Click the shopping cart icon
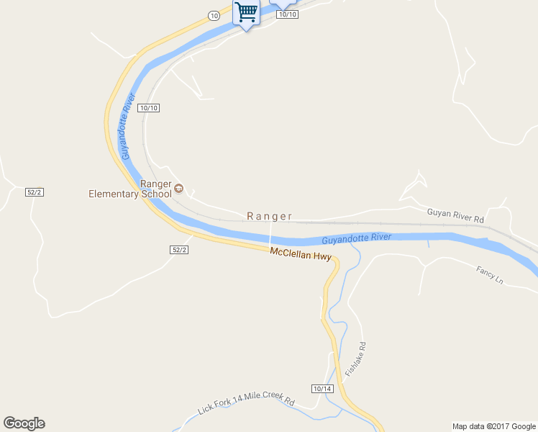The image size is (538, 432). point(246,13)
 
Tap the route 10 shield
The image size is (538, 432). point(214,15)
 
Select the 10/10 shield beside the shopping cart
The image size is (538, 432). point(287,14)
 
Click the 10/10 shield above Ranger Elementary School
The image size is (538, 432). point(150,108)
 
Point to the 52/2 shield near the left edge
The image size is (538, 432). point(35,192)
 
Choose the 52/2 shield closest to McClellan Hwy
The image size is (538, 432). point(179,249)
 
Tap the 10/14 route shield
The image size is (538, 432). point(323,389)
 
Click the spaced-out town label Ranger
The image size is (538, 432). point(270,216)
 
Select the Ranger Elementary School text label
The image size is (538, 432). point(129,189)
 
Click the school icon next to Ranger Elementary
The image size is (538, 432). point(179,189)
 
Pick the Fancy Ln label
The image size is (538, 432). point(490,274)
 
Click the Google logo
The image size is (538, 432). point(24,423)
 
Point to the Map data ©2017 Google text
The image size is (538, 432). point(494,426)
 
